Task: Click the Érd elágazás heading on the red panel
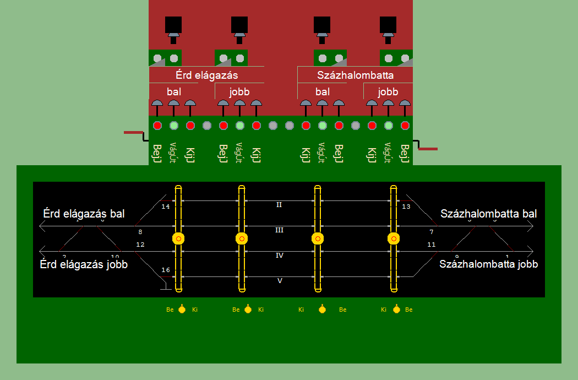tap(206, 74)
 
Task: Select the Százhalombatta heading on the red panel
tap(356, 74)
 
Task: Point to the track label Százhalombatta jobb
tap(488, 264)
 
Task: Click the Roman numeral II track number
tap(279, 205)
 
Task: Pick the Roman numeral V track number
tap(280, 280)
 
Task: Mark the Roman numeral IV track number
tap(279, 256)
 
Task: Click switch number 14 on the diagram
tap(166, 207)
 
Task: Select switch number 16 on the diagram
tap(166, 270)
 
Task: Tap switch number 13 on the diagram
tap(406, 207)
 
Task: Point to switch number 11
tap(431, 245)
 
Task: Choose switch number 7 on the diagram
tap(431, 232)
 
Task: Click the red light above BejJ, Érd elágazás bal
tap(157, 126)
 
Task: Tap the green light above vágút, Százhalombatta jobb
tap(389, 126)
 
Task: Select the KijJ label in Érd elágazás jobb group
tap(256, 154)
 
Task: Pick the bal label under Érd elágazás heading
tap(174, 91)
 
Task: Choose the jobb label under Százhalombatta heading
tap(388, 91)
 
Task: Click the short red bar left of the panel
tap(133, 132)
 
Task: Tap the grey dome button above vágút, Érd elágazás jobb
tap(239, 104)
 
